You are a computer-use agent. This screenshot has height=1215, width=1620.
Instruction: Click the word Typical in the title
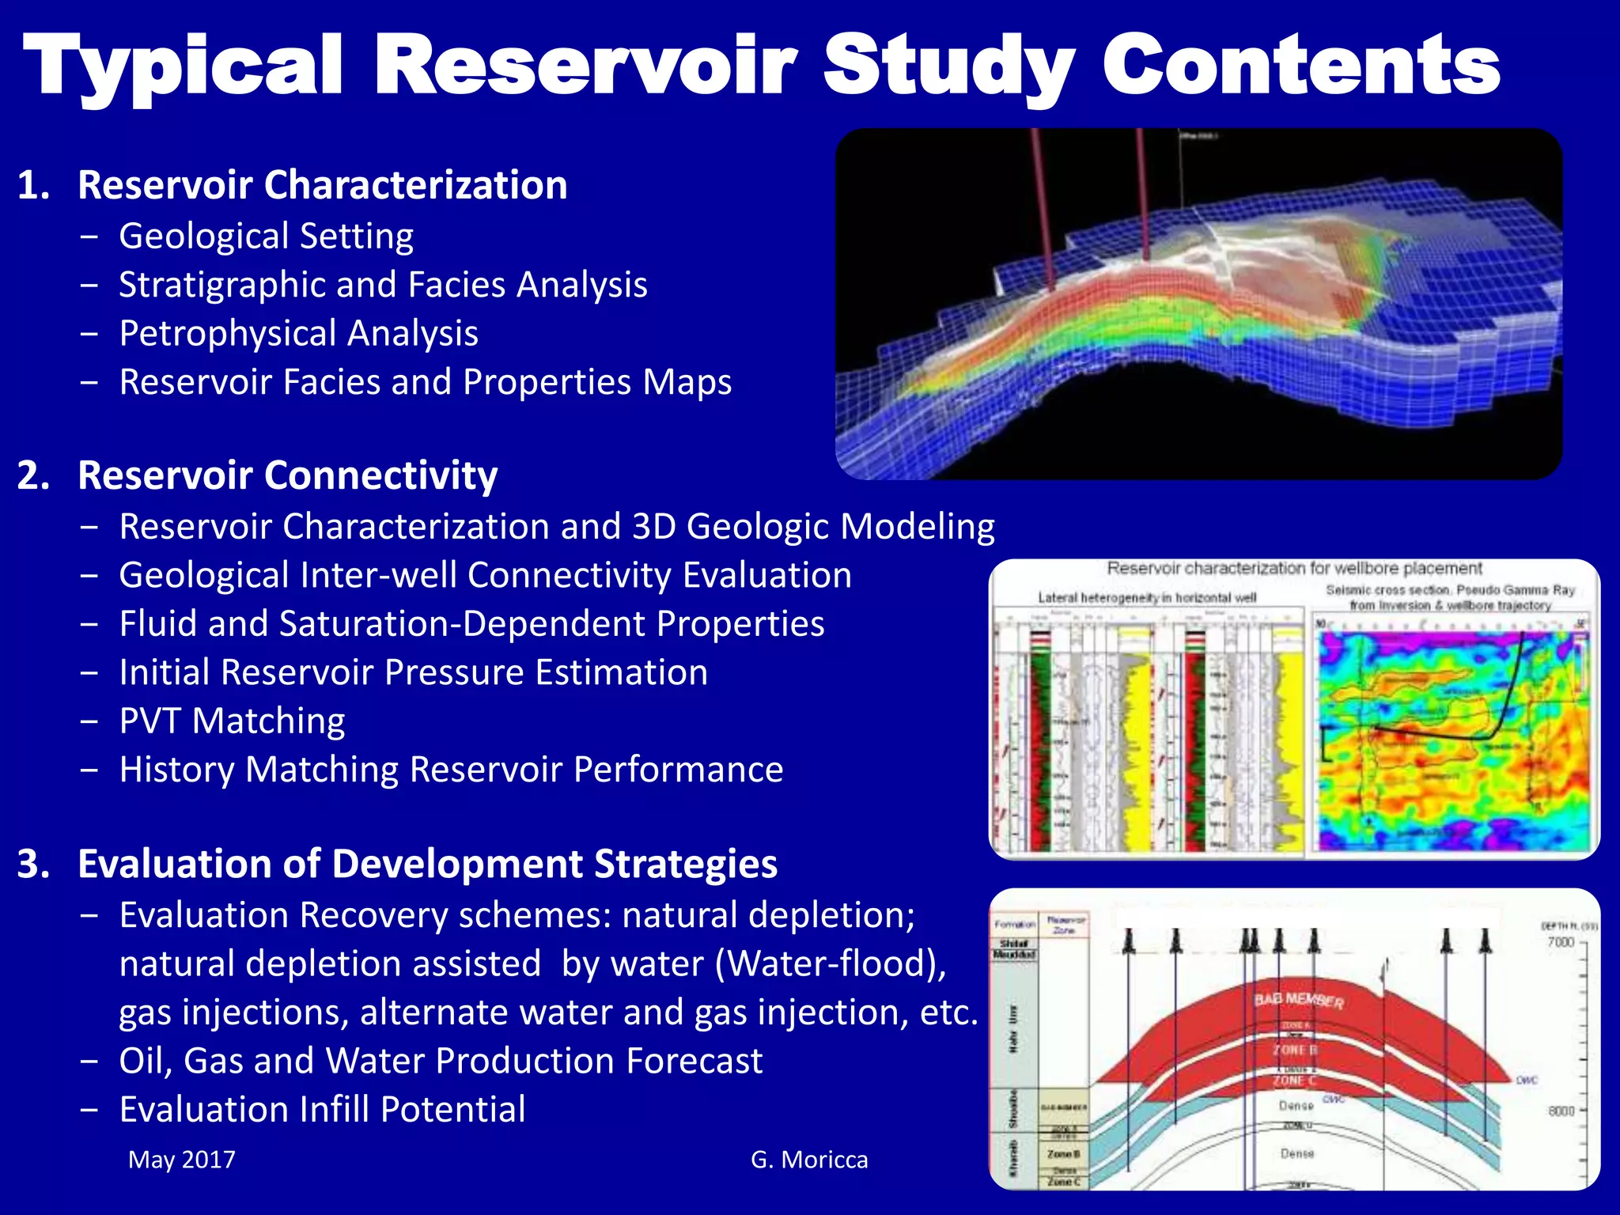click(184, 67)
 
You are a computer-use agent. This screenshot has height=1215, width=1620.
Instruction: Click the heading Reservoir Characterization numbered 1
click(322, 185)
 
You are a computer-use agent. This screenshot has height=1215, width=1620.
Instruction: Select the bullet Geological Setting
click(266, 237)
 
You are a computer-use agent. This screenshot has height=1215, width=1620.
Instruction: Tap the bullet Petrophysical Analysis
click(298, 333)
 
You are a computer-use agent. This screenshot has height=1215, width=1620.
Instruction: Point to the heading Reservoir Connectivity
click(287, 475)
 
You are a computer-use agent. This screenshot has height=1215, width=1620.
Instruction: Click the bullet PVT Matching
click(232, 721)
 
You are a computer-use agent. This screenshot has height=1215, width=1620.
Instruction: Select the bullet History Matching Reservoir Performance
click(451, 770)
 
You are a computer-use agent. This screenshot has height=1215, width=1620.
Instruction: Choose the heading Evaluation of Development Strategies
click(427, 864)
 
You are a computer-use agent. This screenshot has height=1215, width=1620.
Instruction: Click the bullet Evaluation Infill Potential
click(322, 1109)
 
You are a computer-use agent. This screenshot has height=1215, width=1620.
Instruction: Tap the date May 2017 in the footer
click(182, 1160)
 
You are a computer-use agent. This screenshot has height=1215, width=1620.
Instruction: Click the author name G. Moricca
click(808, 1160)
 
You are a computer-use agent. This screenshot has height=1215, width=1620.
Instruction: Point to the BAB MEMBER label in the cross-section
click(1298, 1001)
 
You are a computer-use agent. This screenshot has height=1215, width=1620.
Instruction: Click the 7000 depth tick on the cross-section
click(1560, 942)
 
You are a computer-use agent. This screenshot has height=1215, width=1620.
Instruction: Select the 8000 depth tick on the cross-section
click(1561, 1111)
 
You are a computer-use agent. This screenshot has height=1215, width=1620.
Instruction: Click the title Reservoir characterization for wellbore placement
click(1294, 568)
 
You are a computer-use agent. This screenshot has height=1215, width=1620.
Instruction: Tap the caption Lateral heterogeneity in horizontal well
click(1147, 597)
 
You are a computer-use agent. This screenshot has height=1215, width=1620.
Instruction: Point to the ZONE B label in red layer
click(1294, 1050)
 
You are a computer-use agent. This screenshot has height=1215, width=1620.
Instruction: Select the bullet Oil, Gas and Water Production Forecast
click(441, 1061)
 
